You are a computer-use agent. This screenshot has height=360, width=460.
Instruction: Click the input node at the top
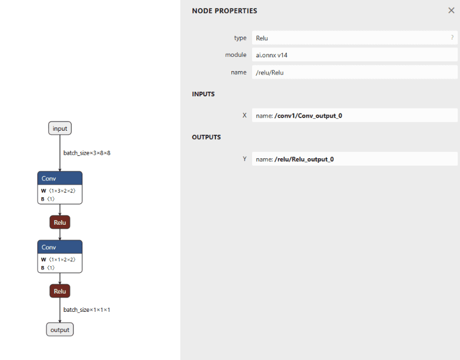(60, 128)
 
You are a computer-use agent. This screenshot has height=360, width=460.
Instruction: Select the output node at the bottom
(60, 330)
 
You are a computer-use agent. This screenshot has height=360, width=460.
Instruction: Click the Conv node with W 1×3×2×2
(60, 187)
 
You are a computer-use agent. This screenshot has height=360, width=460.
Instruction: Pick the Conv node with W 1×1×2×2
(60, 256)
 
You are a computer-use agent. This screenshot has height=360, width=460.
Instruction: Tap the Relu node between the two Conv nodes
(60, 222)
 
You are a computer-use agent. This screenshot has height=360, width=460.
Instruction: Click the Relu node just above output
(60, 291)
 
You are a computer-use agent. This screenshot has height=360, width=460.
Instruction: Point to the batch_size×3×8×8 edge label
(87, 153)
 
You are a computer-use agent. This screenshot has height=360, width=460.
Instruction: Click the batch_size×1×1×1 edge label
(87, 310)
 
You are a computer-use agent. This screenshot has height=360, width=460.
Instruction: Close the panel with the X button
(451, 10)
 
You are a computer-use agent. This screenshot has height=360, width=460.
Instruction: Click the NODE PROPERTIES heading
(225, 11)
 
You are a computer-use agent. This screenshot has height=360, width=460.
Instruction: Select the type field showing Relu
(355, 38)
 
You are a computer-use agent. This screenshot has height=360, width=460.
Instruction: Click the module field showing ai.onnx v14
(355, 55)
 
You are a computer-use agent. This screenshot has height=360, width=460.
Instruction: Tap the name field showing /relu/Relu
(355, 72)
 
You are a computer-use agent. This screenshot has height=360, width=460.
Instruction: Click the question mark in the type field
(452, 38)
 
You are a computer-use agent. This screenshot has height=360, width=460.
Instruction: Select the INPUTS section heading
(203, 94)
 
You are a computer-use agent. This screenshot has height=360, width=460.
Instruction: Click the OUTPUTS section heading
(206, 137)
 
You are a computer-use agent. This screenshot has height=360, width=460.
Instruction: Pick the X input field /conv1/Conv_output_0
(355, 115)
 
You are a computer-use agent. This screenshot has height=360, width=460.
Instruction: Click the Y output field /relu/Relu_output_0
(355, 159)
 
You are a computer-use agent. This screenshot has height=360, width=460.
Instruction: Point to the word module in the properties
(235, 55)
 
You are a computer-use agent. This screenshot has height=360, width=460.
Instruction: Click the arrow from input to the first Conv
(60, 153)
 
